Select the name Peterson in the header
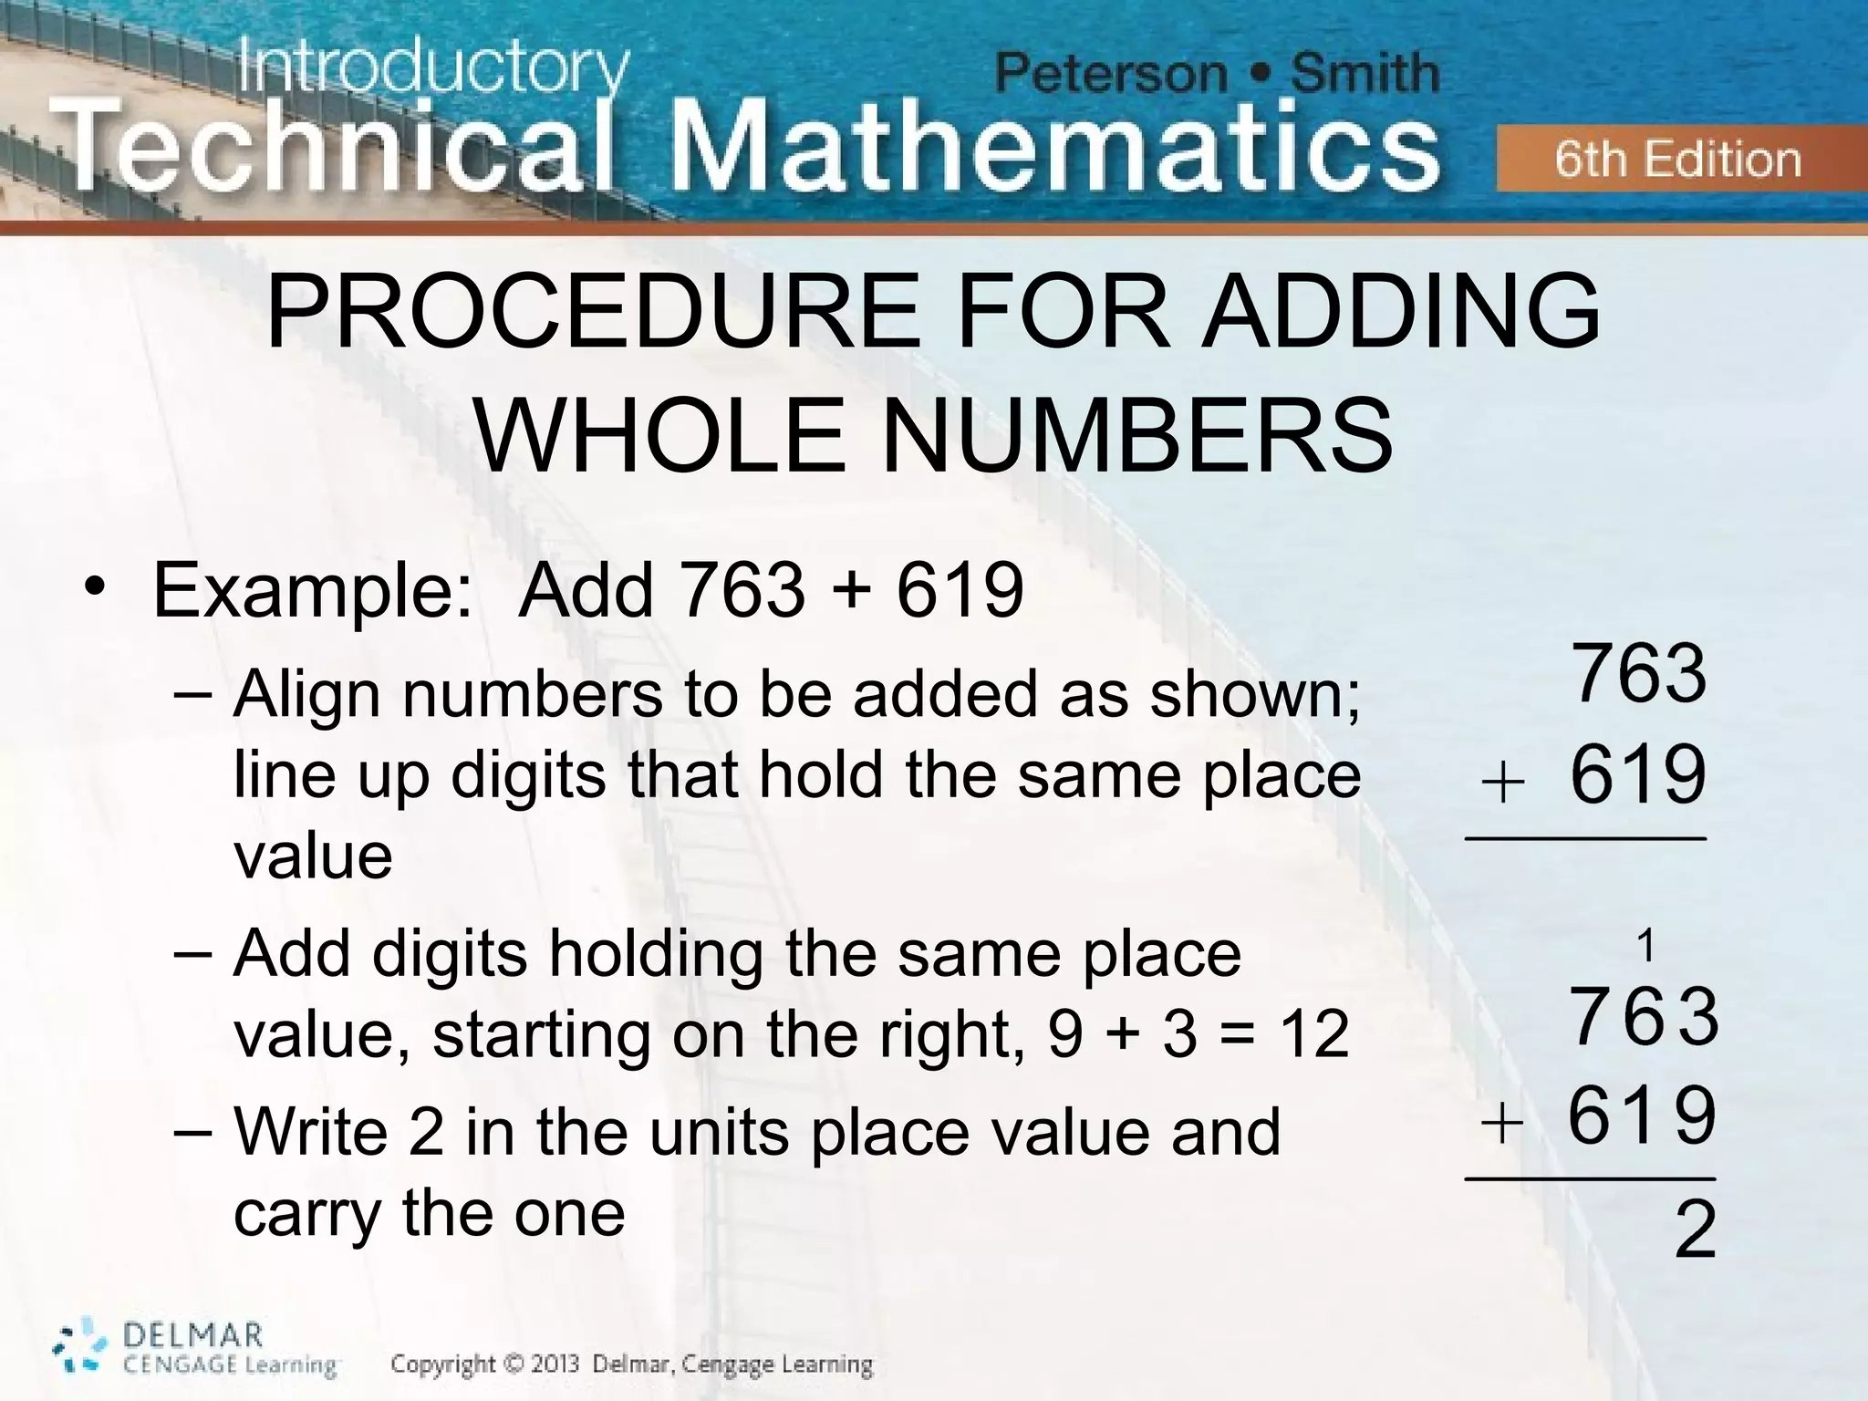point(1111,74)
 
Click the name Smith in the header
point(1365,74)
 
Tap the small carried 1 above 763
point(1645,948)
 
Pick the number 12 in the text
point(1313,1034)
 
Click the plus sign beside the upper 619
point(1503,784)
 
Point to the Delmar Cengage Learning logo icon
point(80,1347)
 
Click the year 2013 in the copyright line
point(553,1365)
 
